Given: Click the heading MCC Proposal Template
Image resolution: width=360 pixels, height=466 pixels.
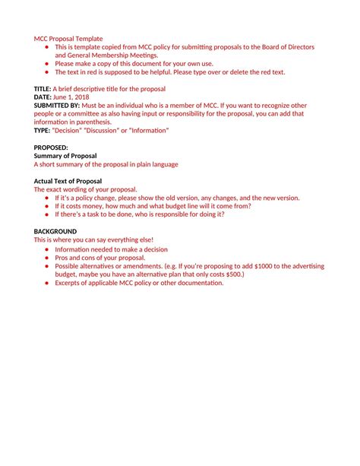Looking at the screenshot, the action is (68, 38).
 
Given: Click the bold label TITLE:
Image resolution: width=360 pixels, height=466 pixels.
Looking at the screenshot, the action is (43, 88).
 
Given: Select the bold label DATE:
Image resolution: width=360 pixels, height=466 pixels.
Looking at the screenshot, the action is (43, 97).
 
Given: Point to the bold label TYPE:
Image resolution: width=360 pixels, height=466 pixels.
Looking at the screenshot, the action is (42, 130).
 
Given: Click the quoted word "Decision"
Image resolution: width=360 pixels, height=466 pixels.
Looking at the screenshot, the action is (69, 130).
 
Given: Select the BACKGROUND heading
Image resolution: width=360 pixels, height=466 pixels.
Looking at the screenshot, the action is (55, 230).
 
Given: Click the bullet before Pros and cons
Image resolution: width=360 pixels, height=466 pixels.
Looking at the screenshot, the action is (47, 258).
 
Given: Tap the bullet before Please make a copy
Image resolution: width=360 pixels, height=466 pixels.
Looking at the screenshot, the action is (47, 64).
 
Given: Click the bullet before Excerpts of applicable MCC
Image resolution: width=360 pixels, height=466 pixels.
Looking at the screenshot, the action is (47, 283).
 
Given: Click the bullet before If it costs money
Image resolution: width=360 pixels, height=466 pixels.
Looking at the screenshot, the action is (47, 205).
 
